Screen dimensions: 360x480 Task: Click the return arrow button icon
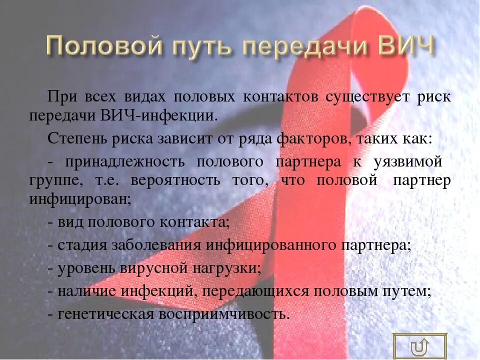[x=419, y=346]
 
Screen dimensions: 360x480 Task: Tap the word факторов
[x=310, y=138]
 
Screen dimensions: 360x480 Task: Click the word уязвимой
[x=407, y=162]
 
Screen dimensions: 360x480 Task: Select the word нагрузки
[x=225, y=268]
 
